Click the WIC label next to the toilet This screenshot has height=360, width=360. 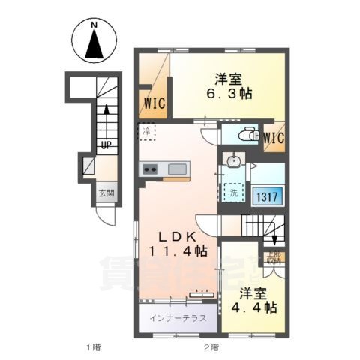point(273,137)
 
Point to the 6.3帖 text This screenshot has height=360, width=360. point(230,93)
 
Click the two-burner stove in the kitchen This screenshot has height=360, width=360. point(149,169)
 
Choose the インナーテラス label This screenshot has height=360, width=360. point(177,316)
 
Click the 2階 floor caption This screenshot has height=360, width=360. point(211,346)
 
